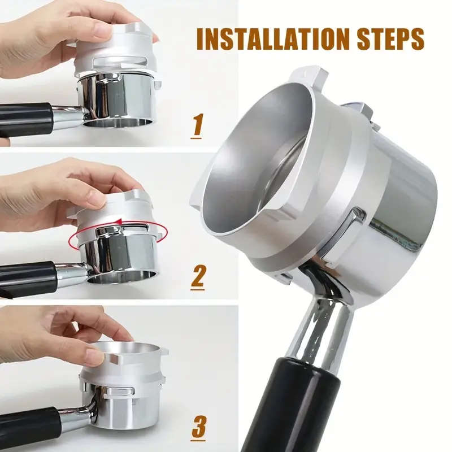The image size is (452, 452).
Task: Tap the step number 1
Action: pos(197,125)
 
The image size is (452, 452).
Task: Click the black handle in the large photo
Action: pos(299,407)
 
